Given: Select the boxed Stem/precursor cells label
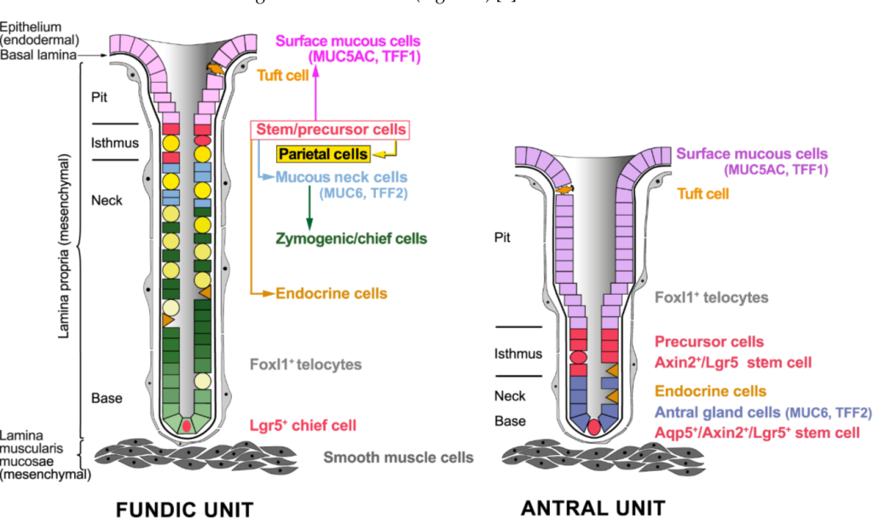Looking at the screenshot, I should [x=331, y=130].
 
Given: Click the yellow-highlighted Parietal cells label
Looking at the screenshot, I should [x=323, y=154].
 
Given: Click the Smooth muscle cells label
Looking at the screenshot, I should [x=398, y=458].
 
